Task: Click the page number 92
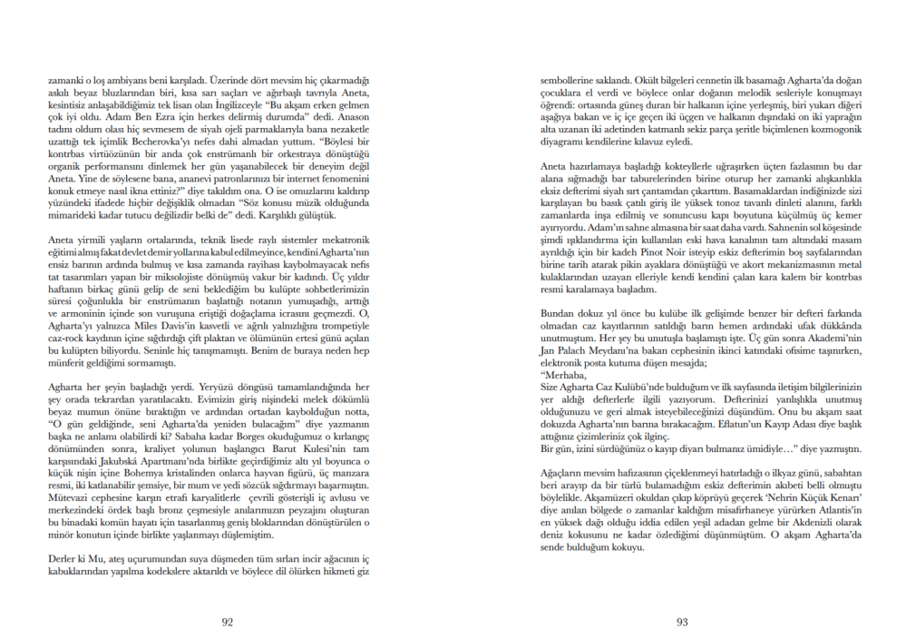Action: pyautogui.click(x=228, y=622)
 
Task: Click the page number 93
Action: pyautogui.click(x=682, y=622)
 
